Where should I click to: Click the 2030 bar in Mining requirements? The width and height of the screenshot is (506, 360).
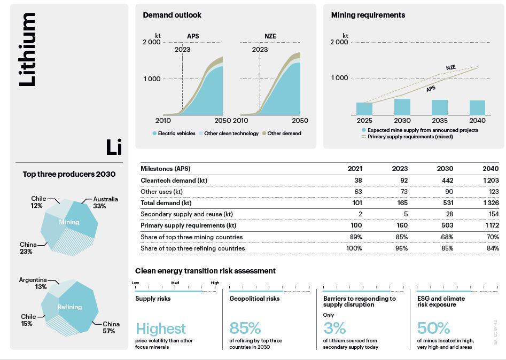pos(402,107)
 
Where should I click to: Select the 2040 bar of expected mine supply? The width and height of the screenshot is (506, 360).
pos(477,108)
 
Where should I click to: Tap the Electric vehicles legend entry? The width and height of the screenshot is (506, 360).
pos(174,134)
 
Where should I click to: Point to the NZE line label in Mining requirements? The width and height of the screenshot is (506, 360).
pos(451,68)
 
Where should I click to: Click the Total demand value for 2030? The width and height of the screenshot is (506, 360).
pos(447,203)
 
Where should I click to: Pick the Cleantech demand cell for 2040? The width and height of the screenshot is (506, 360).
pos(491,181)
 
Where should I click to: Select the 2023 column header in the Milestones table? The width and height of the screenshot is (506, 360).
pos(400,169)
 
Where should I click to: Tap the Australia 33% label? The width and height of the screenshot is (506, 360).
pos(105,202)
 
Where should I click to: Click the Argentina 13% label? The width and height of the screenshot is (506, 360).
pos(33,283)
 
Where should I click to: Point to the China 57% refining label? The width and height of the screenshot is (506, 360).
pos(111,327)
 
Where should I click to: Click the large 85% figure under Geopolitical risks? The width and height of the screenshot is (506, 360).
pos(245,328)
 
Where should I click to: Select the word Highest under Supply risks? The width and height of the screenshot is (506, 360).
pos(160,328)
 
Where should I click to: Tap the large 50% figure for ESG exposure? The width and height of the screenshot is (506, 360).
pos(433,328)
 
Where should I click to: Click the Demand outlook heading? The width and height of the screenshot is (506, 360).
pos(172,15)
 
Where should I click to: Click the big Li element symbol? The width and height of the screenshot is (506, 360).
pos(113,147)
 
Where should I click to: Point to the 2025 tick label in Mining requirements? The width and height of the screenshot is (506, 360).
pos(364,121)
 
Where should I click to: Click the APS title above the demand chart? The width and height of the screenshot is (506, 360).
pos(193,36)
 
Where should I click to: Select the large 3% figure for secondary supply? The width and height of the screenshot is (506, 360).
pos(334,328)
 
